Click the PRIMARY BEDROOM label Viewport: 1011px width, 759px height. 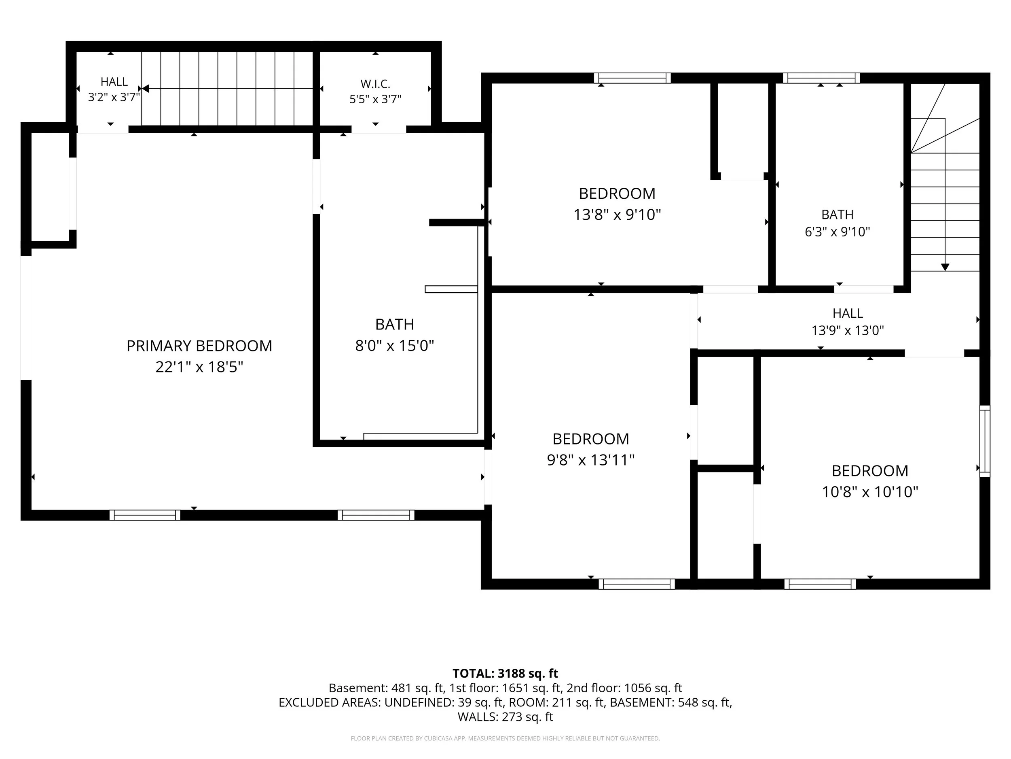(x=199, y=346)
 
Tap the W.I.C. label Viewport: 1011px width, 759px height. (x=375, y=84)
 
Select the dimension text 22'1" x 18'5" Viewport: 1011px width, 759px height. (x=199, y=367)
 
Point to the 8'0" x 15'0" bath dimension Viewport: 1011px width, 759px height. (x=394, y=345)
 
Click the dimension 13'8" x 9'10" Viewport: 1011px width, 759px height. (x=617, y=215)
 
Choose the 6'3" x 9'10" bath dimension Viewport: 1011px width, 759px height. (x=838, y=232)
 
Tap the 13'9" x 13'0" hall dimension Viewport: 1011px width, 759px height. (x=848, y=330)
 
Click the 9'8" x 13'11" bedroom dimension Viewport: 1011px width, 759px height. (x=590, y=460)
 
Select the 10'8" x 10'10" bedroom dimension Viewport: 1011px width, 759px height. (x=870, y=492)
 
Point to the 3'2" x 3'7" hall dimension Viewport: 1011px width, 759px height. (x=114, y=98)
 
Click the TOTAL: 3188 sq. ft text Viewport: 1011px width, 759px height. (x=505, y=674)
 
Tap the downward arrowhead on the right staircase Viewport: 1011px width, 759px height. (x=945, y=267)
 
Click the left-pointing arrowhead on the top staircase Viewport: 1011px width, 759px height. (x=146, y=88)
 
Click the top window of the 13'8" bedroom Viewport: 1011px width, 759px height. (x=632, y=78)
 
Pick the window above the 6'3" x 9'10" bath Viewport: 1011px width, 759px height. (x=821, y=78)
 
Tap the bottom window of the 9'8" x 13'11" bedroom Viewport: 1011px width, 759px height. (x=637, y=584)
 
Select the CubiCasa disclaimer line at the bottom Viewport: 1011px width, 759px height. (x=505, y=738)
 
